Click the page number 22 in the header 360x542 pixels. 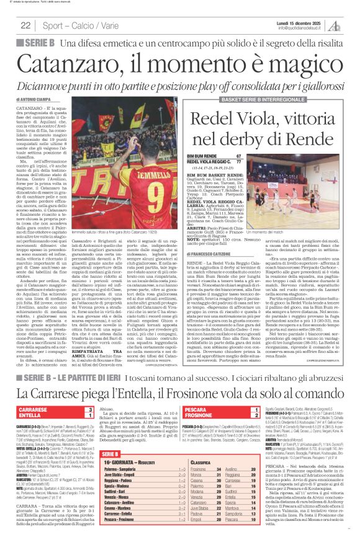coord(26,25)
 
